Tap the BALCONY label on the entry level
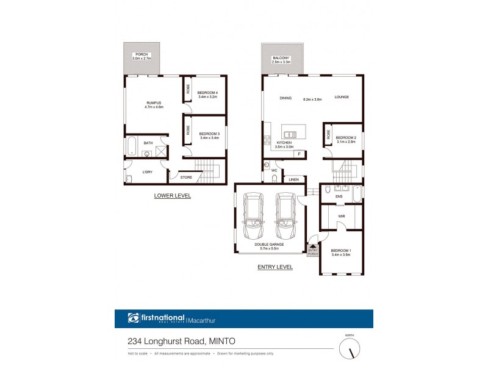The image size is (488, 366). [281, 58]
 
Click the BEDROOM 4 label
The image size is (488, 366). [208, 93]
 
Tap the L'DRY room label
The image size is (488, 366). [147, 172]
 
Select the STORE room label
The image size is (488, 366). [186, 178]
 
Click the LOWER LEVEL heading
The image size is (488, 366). [173, 196]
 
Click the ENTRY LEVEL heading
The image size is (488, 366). [275, 267]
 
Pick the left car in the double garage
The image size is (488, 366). [253, 216]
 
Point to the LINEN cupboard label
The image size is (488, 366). [294, 179]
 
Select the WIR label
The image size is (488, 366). [341, 215]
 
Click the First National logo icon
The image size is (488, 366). [134, 318]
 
